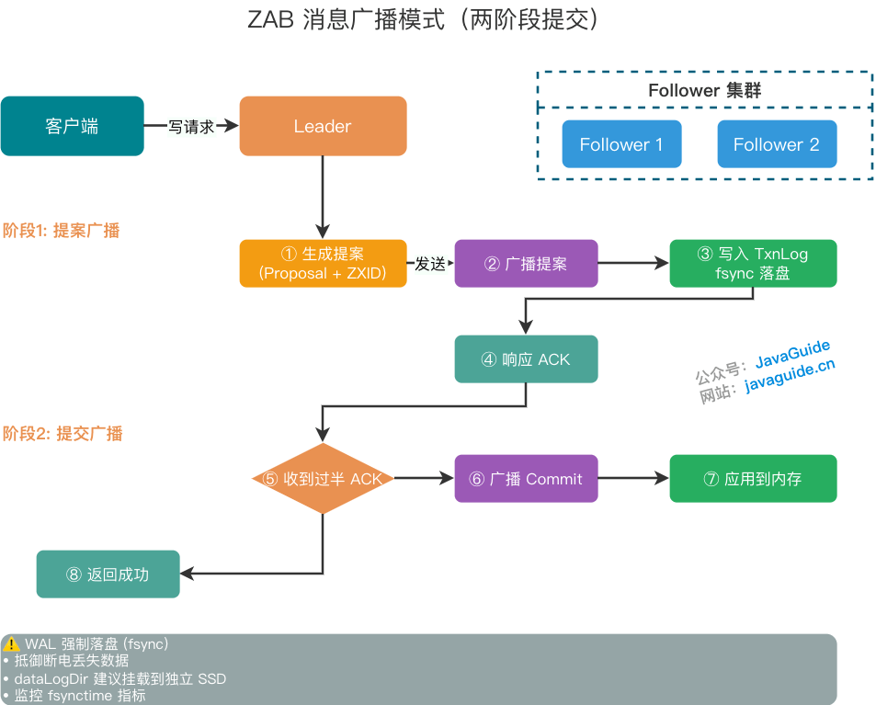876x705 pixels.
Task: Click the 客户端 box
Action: tap(72, 126)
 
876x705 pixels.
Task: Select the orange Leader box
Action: tap(323, 126)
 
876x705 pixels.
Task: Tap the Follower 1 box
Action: tap(621, 144)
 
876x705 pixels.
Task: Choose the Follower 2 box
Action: tap(776, 144)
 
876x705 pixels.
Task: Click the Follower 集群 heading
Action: tap(704, 90)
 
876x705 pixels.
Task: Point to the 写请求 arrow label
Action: tap(191, 127)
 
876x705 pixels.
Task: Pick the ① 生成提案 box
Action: tap(323, 264)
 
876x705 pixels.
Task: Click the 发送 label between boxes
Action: tap(430, 264)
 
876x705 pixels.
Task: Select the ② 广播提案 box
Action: tap(526, 264)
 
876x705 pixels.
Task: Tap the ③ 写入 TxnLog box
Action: tap(753, 264)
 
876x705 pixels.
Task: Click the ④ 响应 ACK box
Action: tap(526, 359)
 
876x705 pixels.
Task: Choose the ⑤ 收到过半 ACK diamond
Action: tap(323, 479)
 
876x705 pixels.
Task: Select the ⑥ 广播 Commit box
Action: tap(526, 479)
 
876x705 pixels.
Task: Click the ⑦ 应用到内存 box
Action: tap(753, 479)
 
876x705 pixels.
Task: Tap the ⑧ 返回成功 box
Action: tap(108, 574)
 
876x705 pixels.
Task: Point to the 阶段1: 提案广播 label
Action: tap(62, 231)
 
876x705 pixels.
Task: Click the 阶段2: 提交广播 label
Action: tap(63, 434)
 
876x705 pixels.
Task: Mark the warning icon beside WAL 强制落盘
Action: tap(12, 643)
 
